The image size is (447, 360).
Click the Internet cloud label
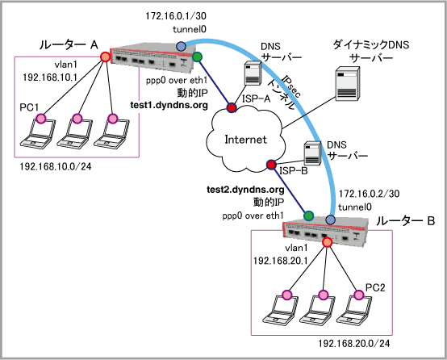(246, 140)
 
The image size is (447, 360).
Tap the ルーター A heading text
(69, 44)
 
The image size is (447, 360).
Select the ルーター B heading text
(405, 221)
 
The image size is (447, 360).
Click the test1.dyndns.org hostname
(169, 105)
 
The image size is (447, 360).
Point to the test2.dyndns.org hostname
(245, 190)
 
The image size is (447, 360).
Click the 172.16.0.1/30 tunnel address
(176, 16)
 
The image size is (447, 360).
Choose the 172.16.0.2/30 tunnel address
(369, 194)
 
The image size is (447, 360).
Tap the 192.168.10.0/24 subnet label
(56, 166)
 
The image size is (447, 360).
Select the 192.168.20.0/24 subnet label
(353, 344)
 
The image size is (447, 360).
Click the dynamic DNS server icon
(347, 84)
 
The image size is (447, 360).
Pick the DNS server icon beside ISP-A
(253, 73)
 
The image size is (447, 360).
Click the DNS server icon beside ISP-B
(312, 153)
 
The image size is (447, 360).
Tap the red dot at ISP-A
(232, 107)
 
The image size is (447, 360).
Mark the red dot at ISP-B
(271, 165)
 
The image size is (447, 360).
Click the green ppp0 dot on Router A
(197, 57)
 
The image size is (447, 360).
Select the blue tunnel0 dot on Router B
(330, 220)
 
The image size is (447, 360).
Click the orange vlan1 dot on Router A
(105, 57)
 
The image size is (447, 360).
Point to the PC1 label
(29, 107)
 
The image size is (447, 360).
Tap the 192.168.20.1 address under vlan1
(280, 261)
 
